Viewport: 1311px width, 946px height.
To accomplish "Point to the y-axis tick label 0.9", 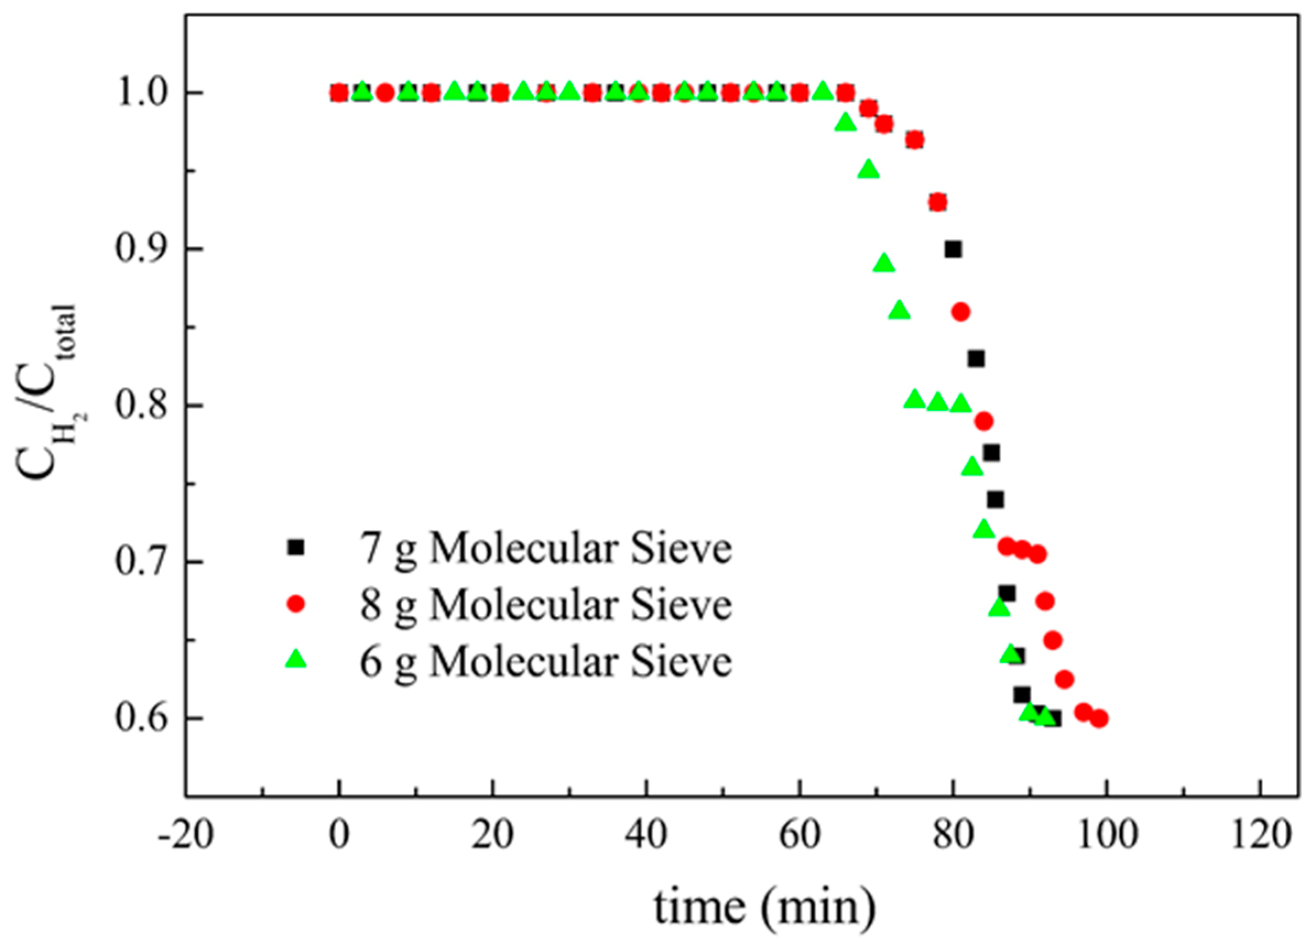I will [x=138, y=250].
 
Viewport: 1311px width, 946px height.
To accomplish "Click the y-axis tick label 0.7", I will [x=138, y=562].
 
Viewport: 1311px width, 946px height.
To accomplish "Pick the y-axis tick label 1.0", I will [x=138, y=93].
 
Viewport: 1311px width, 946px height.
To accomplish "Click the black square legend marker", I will [x=296, y=547].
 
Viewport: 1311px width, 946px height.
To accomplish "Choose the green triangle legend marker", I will [x=296, y=659].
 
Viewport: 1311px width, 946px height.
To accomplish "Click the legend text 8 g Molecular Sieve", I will [x=545, y=605].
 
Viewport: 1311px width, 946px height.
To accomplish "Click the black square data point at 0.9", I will [x=953, y=250].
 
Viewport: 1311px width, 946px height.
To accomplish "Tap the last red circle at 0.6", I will [x=1100, y=718].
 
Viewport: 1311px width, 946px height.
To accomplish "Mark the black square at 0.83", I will [x=976, y=359].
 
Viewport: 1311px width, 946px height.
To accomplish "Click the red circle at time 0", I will [x=340, y=92].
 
